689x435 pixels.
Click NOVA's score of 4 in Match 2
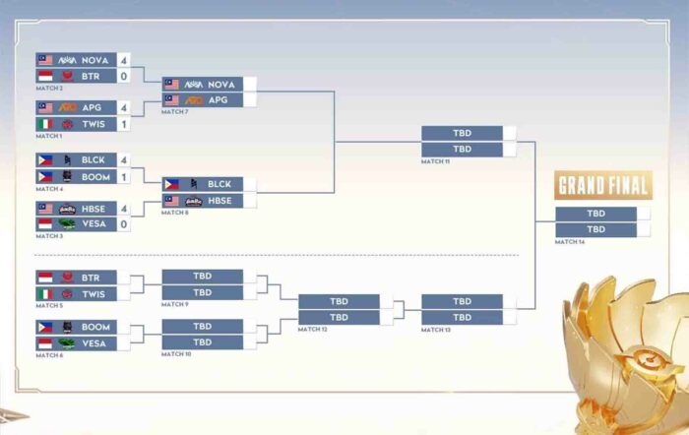click(124, 60)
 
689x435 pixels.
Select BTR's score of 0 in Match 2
click(124, 76)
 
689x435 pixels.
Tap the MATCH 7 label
click(174, 112)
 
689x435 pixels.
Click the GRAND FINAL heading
click(603, 185)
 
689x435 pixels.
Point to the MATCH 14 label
click(569, 241)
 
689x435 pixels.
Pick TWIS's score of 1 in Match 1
click(124, 124)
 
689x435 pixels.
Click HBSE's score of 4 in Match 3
click(124, 209)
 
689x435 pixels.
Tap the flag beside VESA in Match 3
click(44, 224)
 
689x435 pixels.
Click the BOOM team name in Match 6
click(95, 326)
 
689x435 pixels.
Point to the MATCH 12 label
click(312, 329)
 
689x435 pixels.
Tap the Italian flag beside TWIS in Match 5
click(44, 293)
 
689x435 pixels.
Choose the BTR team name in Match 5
click(94, 278)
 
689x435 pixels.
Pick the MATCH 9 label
click(174, 304)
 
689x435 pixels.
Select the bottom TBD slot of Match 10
click(202, 342)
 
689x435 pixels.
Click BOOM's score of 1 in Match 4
click(124, 176)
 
